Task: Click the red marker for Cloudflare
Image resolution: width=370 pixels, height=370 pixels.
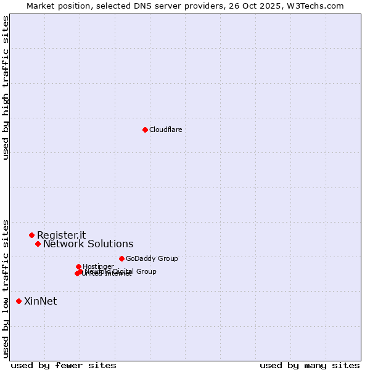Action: [x=145, y=129]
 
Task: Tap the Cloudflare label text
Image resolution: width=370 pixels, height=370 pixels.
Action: [x=165, y=129]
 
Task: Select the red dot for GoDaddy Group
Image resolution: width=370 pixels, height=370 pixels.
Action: [x=121, y=258]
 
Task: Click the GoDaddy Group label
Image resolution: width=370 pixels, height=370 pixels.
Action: [x=151, y=258]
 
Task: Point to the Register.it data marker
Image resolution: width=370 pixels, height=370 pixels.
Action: [x=31, y=235]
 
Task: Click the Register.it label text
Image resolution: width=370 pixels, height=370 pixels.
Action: [x=61, y=235]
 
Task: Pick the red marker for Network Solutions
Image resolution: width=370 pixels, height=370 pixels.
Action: [x=38, y=244]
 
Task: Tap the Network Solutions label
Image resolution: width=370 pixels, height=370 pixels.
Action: [x=88, y=244]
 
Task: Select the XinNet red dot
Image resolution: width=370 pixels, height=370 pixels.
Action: [x=18, y=301]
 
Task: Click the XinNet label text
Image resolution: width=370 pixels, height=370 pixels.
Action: [x=40, y=302]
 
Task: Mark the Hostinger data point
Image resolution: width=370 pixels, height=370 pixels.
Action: [x=78, y=266]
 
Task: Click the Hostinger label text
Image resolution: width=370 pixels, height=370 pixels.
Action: [x=98, y=266]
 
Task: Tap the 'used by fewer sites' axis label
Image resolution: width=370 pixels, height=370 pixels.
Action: [x=64, y=365]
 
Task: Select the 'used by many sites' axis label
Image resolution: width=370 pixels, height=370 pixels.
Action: [x=310, y=365]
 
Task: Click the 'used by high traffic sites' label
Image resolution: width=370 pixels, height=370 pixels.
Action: [x=6, y=88]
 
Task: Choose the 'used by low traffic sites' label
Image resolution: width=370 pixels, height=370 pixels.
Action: [x=6, y=288]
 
